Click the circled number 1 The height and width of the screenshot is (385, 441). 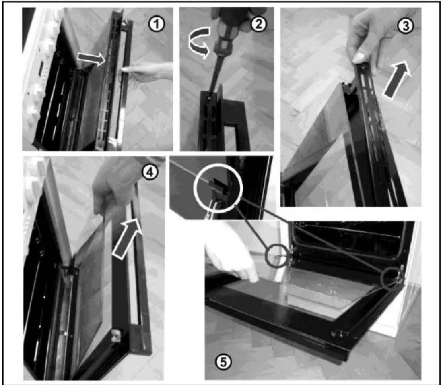pos(157,25)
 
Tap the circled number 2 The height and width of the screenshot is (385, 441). pos(258,24)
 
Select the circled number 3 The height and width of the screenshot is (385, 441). pos(405,26)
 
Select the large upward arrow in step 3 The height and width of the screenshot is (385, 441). pos(397,80)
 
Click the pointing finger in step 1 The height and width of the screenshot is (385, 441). pos(146,70)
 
